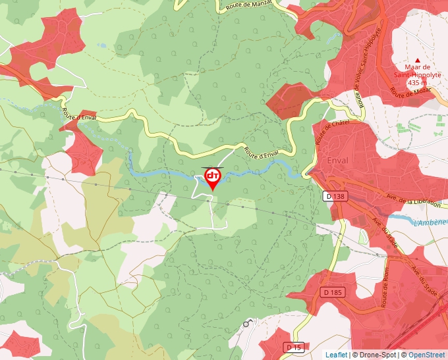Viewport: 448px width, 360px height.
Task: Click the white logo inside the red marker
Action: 213,176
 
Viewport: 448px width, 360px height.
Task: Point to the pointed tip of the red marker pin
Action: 213,191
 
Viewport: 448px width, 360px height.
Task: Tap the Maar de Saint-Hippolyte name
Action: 417,70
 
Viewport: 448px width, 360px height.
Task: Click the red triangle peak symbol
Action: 417,60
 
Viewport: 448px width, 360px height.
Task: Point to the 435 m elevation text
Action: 417,83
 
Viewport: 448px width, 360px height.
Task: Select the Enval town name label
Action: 337,161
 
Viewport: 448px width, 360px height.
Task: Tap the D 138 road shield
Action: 335,196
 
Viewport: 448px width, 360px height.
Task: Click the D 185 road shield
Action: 334,292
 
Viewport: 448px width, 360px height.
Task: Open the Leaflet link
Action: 336,355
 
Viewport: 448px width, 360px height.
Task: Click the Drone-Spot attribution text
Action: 374,355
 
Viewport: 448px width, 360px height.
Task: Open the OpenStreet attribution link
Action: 428,355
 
